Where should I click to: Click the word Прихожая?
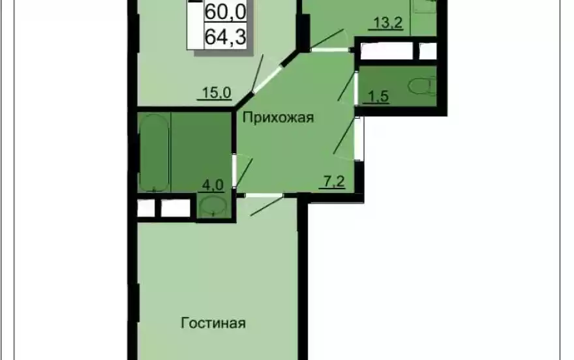click(279, 118)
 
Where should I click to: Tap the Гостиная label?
click(213, 323)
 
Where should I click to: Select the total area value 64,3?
click(225, 37)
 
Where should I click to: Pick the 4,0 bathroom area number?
click(213, 185)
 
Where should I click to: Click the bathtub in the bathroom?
click(155, 153)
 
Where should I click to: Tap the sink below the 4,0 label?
click(212, 207)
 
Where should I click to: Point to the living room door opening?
click(261, 196)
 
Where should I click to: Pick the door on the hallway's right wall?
click(357, 138)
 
